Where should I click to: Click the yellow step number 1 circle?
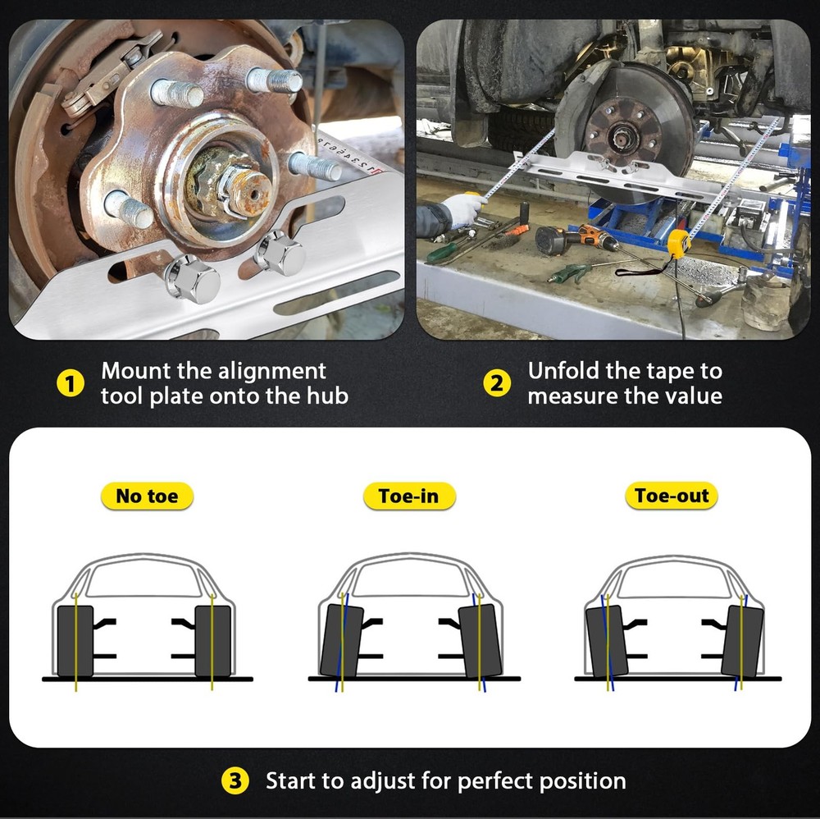click(70, 383)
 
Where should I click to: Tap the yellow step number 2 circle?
click(496, 383)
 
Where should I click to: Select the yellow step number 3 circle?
click(235, 780)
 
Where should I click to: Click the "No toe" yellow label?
click(147, 496)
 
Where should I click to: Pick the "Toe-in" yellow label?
click(409, 496)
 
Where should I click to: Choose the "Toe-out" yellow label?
click(672, 495)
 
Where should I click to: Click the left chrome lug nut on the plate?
click(192, 278)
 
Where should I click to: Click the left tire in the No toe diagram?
click(75, 641)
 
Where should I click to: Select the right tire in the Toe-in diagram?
click(480, 641)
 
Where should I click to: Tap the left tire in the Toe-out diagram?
click(607, 642)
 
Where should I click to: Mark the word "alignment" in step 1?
click(271, 372)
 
